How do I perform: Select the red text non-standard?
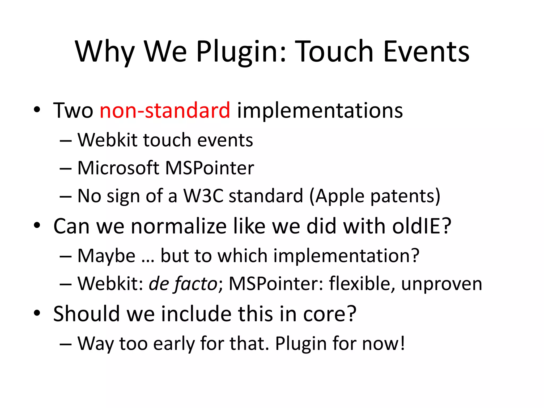[x=165, y=110]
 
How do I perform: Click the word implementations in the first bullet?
[x=320, y=111]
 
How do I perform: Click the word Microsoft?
[x=118, y=168]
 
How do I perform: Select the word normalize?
[x=179, y=226]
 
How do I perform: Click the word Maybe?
[x=107, y=256]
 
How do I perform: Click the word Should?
[x=86, y=314]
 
